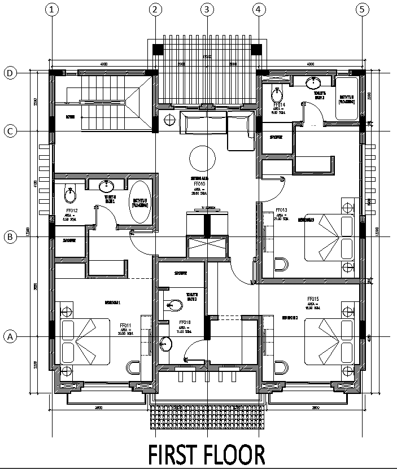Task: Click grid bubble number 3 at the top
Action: click(207, 9)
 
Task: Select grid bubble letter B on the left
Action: click(9, 237)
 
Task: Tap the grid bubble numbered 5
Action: click(361, 9)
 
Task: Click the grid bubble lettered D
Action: click(9, 73)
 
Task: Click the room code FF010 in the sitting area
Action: click(198, 184)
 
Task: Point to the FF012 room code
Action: click(72, 211)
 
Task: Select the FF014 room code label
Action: click(280, 105)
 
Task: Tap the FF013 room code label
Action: click(282, 211)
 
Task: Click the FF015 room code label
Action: click(314, 299)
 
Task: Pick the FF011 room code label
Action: click(126, 326)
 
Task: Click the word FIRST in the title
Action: click(181, 455)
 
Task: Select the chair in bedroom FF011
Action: click(134, 368)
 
